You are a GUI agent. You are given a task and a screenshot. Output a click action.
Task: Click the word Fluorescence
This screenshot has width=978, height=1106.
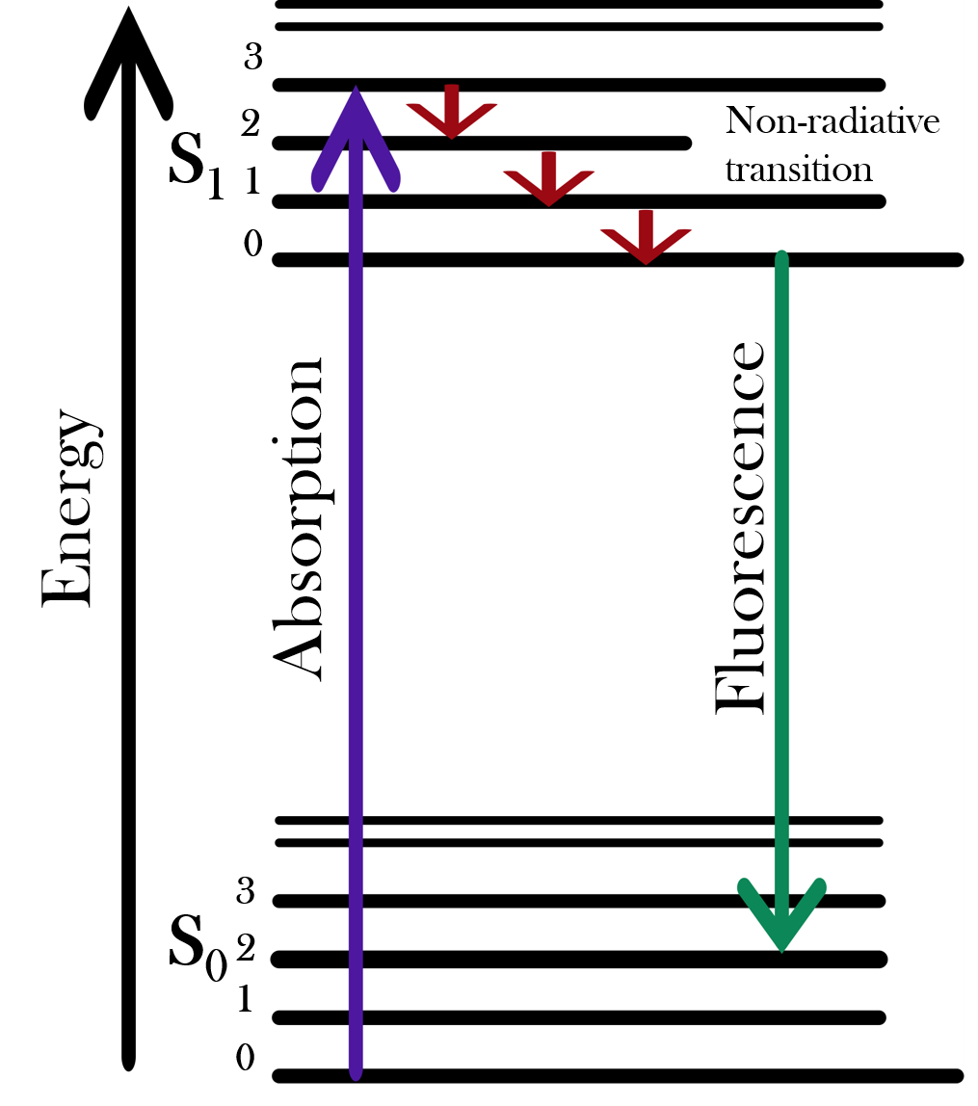click(740, 528)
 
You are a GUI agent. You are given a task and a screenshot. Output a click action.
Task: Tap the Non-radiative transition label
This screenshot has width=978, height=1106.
click(831, 145)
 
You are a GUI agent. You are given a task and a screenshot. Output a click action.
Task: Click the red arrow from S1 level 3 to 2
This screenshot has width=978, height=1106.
click(451, 112)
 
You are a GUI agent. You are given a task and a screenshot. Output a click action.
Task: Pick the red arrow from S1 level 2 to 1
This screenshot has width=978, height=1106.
click(548, 178)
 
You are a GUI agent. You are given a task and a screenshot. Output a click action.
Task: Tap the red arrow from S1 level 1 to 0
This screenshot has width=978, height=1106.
click(646, 237)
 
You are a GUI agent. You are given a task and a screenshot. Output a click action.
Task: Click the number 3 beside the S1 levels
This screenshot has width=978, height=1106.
click(253, 58)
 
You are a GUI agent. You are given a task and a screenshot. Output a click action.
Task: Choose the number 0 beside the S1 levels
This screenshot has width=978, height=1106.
click(252, 245)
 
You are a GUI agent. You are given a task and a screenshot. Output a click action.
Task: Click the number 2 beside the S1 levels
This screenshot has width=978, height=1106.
click(251, 123)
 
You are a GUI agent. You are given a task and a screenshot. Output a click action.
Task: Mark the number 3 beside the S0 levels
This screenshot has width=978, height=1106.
click(246, 893)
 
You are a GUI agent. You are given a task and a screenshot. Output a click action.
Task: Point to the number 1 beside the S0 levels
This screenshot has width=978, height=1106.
click(245, 1000)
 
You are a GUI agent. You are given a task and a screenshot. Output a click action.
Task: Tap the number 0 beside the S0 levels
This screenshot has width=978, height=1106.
click(246, 1059)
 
